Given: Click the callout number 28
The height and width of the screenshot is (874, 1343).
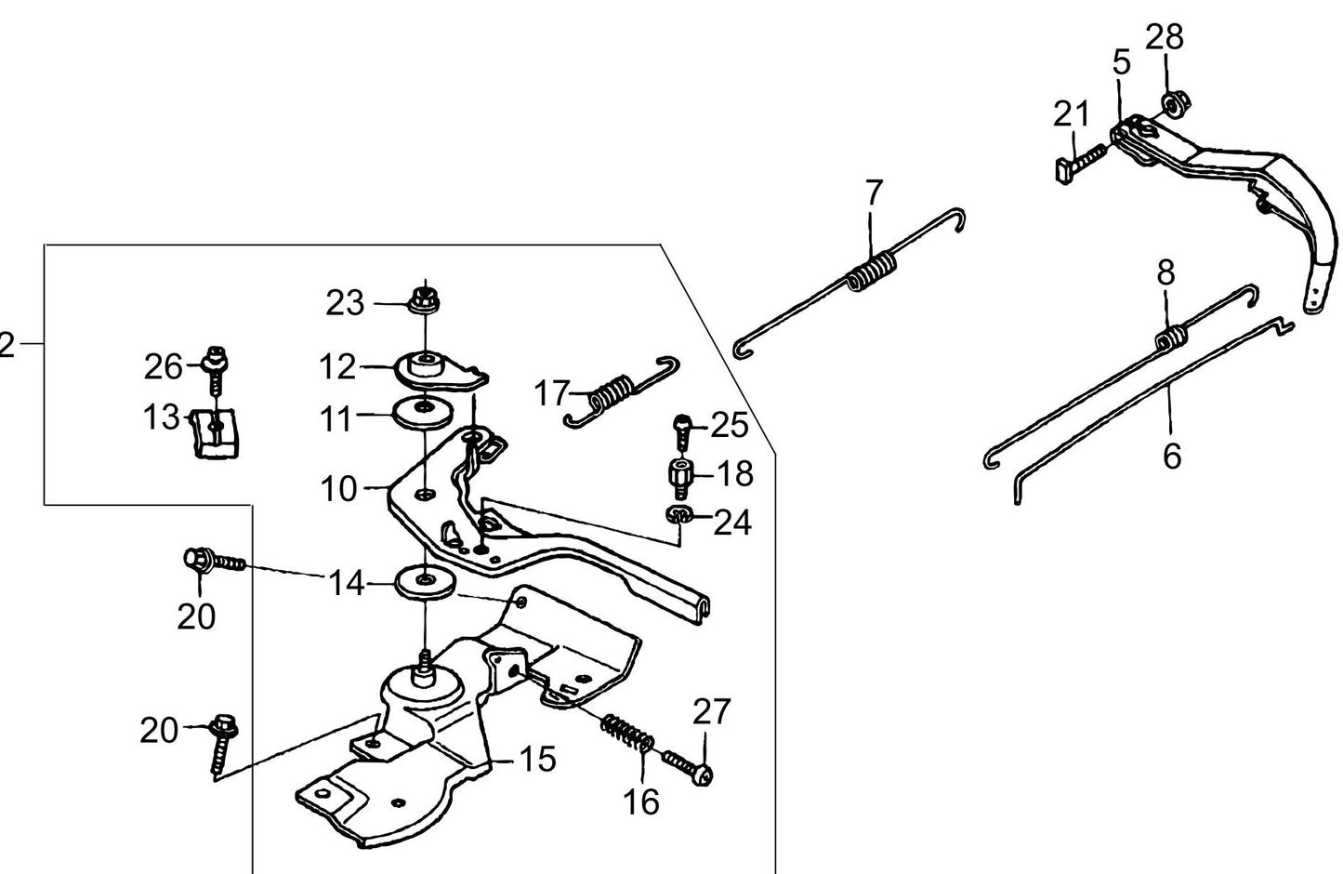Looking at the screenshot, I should pyautogui.click(x=1164, y=38).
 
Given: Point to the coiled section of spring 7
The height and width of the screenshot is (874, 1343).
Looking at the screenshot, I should pyautogui.click(x=874, y=273).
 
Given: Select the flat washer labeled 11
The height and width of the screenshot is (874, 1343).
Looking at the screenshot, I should pyautogui.click(x=424, y=410).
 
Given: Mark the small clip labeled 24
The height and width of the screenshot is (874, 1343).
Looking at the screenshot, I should pyautogui.click(x=678, y=515).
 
